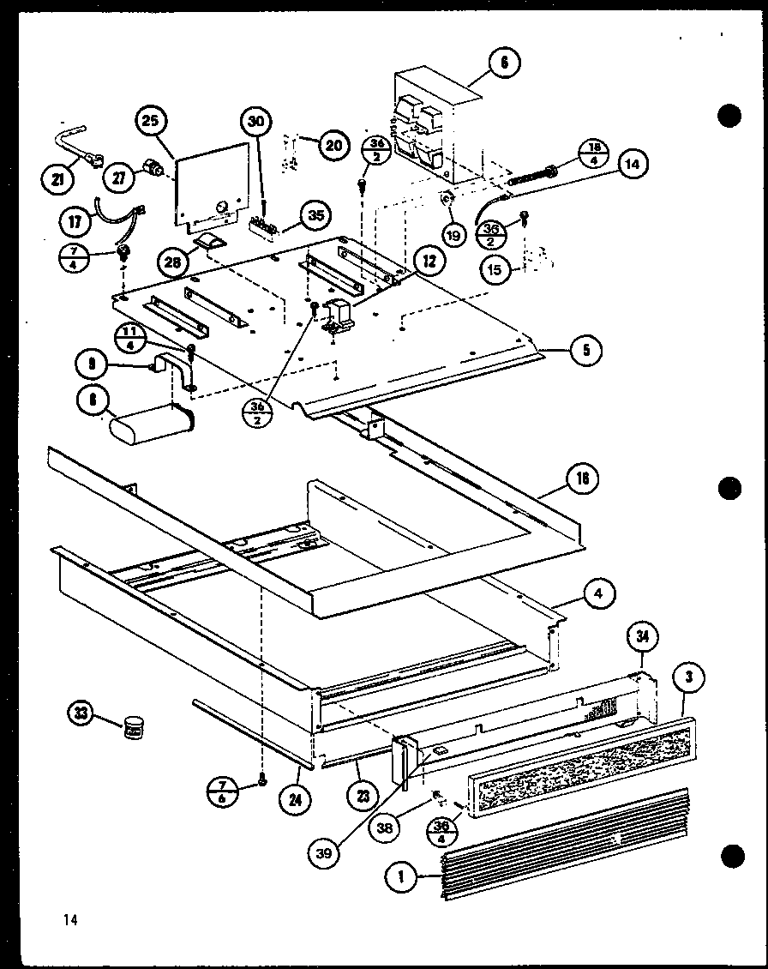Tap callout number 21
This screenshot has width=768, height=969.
click(x=57, y=178)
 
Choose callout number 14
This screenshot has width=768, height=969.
click(x=633, y=165)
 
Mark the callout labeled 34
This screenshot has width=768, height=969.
click(x=641, y=635)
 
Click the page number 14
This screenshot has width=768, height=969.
click(x=69, y=920)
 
